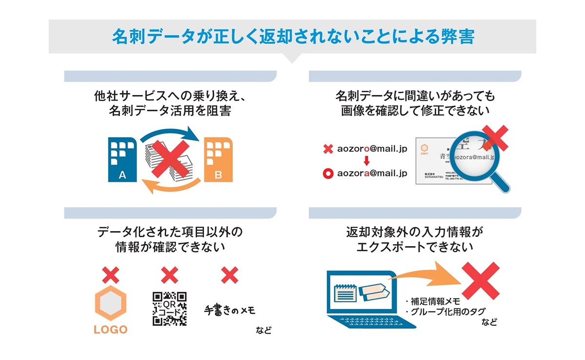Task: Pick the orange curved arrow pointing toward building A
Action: tap(171, 187)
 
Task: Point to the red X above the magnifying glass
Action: tap(495, 138)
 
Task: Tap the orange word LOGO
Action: tap(110, 330)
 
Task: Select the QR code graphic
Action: tap(169, 308)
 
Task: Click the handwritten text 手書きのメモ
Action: tap(229, 310)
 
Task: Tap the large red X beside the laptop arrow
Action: tap(480, 280)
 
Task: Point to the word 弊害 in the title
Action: tap(456, 37)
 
